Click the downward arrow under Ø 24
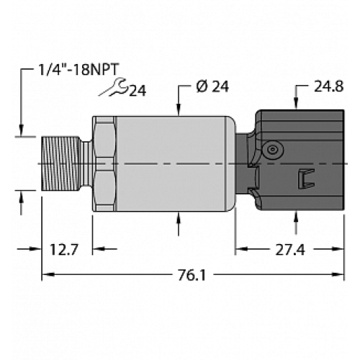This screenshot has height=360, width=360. click(178, 108)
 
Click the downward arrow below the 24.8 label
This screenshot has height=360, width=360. click(297, 102)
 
